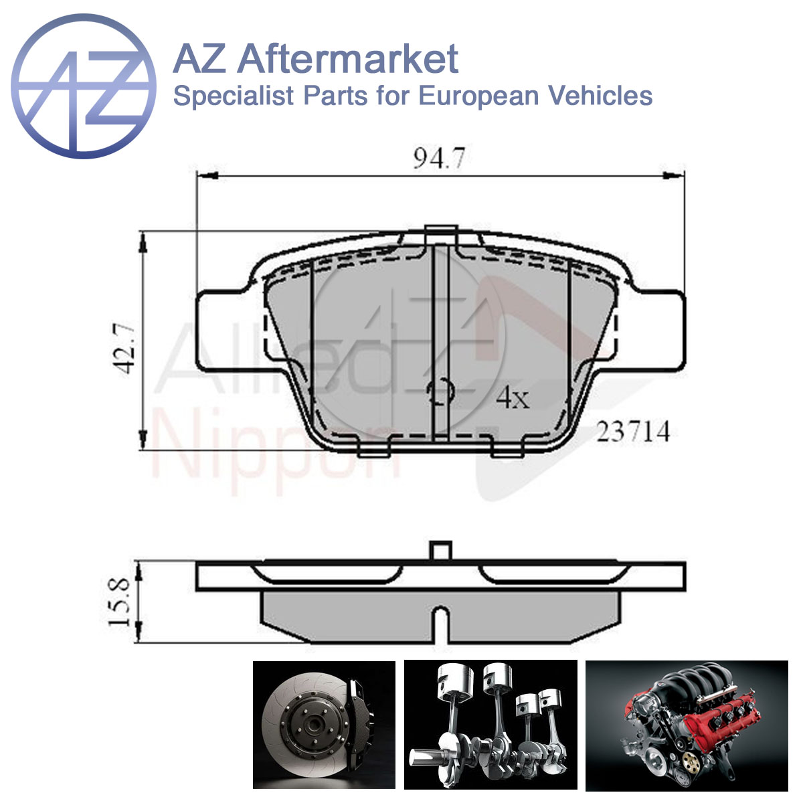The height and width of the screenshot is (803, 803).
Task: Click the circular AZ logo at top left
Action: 84,86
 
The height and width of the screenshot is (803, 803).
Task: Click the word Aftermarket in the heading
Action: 348,60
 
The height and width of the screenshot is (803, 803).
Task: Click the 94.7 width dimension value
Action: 439,158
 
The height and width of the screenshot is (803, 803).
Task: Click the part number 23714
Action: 634,432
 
